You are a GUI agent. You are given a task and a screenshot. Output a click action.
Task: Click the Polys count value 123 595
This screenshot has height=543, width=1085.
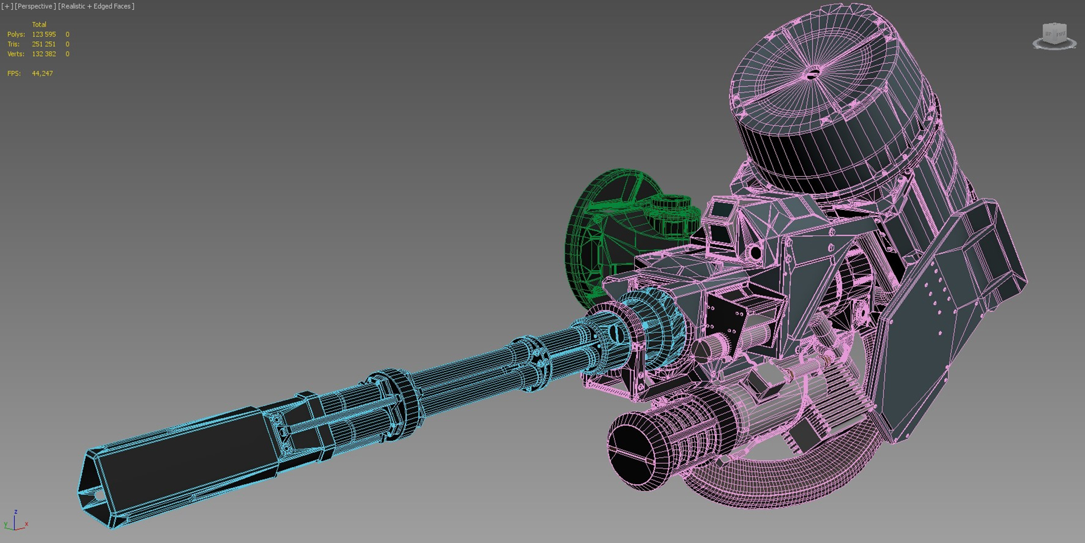[44, 34]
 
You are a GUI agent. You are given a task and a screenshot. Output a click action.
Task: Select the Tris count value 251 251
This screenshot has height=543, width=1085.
[44, 44]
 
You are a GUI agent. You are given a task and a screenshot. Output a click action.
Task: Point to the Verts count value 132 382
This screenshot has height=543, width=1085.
[44, 54]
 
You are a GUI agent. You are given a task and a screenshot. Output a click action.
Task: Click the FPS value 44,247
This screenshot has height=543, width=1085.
[42, 73]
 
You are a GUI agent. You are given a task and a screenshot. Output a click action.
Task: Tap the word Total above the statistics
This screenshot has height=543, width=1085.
[39, 24]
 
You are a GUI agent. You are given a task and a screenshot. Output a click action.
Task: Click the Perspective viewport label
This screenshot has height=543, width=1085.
[35, 6]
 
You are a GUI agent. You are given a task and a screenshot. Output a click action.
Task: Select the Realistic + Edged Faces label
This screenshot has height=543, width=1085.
[97, 6]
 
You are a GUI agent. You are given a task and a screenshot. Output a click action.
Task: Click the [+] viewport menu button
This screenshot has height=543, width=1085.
[7, 6]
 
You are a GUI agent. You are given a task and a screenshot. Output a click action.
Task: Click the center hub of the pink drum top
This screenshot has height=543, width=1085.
[812, 74]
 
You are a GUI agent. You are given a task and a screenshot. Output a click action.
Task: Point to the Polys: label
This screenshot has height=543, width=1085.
[16, 34]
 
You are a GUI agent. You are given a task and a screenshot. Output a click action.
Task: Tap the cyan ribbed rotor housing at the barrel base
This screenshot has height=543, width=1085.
[654, 322]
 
